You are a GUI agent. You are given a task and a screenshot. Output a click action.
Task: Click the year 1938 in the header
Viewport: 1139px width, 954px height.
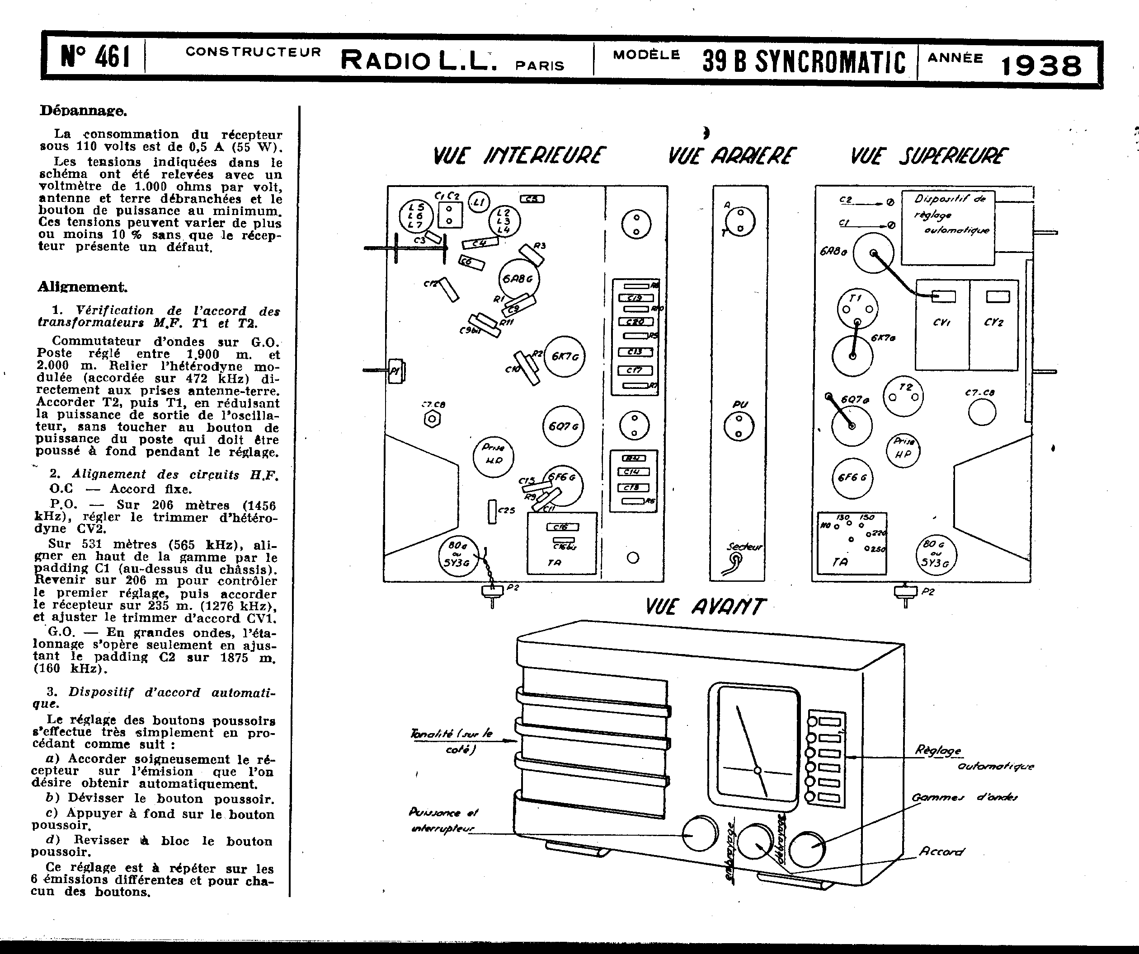(1041, 65)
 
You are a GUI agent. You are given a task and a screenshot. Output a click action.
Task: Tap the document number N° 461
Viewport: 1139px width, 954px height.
(95, 57)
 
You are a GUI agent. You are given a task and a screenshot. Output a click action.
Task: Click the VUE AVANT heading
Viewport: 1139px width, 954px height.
(705, 607)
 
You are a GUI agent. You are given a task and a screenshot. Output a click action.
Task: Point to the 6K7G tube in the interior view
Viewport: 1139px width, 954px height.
(565, 357)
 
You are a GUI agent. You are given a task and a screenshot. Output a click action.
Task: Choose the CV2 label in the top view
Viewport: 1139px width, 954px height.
(993, 323)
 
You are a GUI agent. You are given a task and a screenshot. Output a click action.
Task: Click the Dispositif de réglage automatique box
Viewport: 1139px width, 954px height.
(948, 228)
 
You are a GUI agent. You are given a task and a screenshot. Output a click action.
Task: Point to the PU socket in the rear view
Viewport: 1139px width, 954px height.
(738, 426)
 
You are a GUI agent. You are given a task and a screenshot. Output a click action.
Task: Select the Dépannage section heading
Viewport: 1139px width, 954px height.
(83, 111)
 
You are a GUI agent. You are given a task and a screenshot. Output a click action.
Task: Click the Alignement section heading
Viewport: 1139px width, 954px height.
(82, 287)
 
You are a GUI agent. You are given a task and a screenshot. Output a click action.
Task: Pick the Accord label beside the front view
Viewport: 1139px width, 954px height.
(941, 851)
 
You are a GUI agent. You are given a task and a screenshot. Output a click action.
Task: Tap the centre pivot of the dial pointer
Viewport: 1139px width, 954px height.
(758, 770)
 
